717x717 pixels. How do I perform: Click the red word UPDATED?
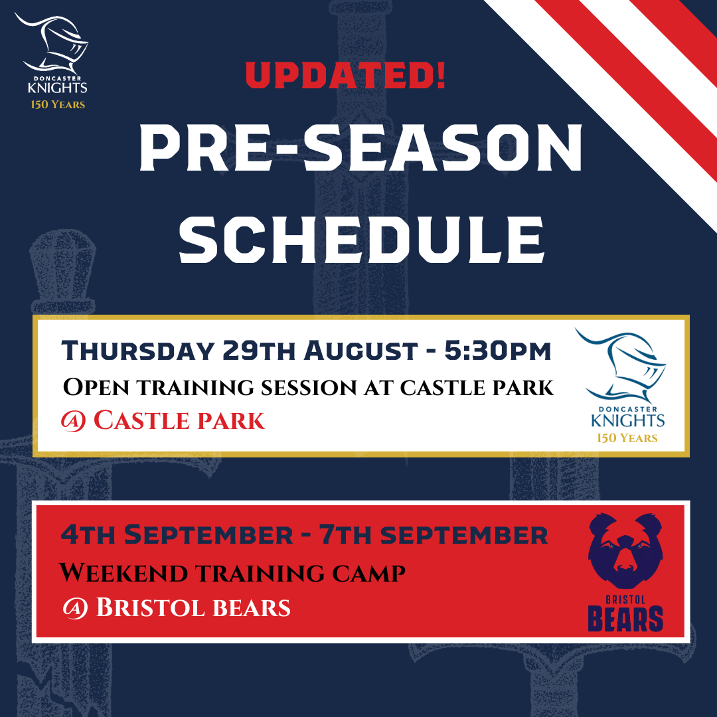click(346, 76)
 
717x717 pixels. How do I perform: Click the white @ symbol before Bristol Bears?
click(75, 608)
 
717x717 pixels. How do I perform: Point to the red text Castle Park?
click(179, 420)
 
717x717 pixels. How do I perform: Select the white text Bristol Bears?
click(193, 607)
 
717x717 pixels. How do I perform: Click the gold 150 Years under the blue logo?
click(627, 438)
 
